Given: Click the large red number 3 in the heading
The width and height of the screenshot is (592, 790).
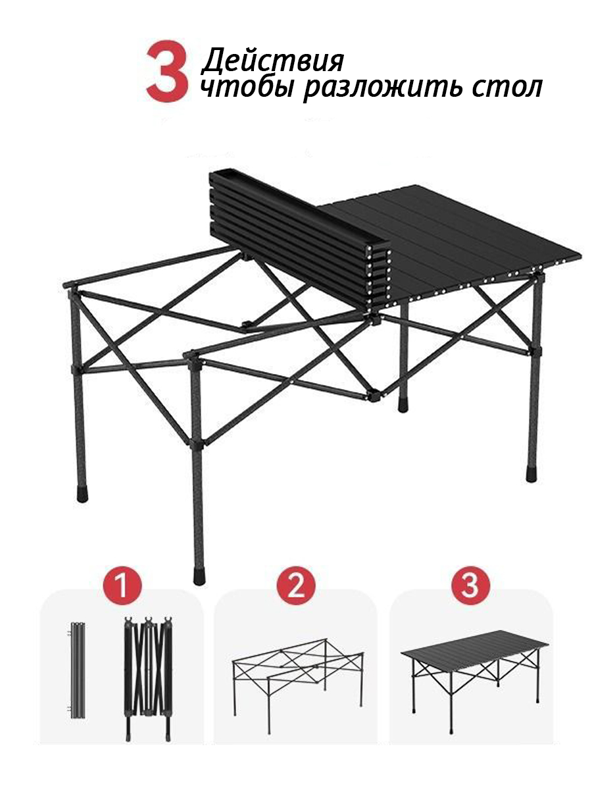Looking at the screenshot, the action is click(168, 71).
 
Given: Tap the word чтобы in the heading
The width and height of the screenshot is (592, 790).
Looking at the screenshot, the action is click(248, 88).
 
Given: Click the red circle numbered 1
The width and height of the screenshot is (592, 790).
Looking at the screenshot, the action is click(122, 585).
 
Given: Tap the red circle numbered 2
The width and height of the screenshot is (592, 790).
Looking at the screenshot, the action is click(296, 585).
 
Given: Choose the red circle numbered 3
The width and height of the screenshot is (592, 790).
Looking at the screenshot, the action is click(470, 585).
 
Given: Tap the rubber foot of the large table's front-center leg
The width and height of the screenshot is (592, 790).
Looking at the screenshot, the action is click(199, 577).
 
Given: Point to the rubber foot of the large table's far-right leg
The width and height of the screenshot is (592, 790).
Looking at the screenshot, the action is click(531, 474).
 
